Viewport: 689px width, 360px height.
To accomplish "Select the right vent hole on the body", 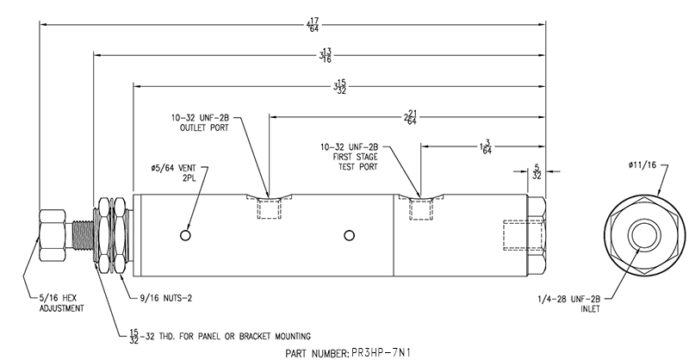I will pyautogui.click(x=348, y=234).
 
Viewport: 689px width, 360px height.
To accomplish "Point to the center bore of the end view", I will pyautogui.click(x=643, y=234).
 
